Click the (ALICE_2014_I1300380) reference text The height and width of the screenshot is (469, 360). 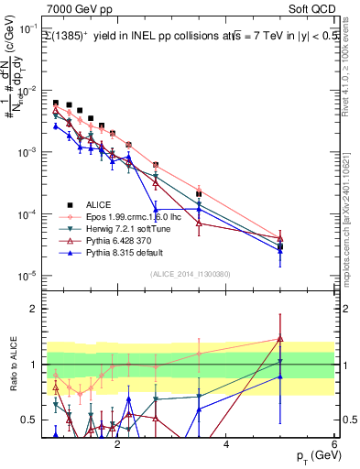(x=188, y=273)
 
